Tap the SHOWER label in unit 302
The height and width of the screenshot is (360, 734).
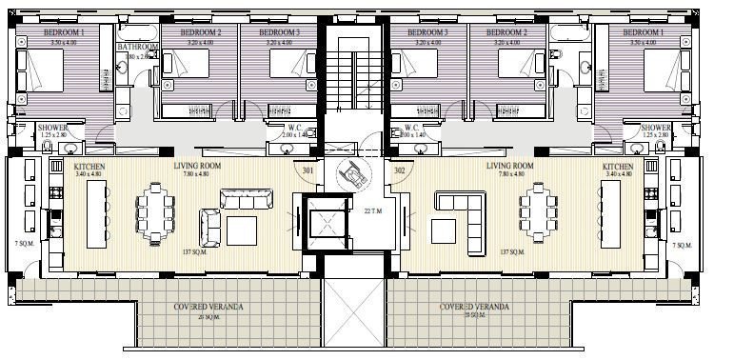pos(656,128)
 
